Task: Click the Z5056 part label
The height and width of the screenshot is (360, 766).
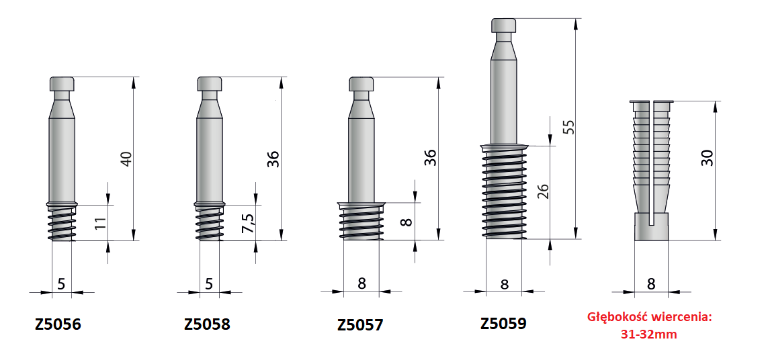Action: (x=58, y=325)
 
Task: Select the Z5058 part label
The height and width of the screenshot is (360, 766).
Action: (x=207, y=324)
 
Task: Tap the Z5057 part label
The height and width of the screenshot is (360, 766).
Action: (x=360, y=325)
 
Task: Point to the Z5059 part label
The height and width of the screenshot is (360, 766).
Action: (x=504, y=323)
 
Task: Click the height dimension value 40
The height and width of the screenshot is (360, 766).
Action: (x=126, y=159)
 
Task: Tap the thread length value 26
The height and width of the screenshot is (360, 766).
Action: (x=543, y=191)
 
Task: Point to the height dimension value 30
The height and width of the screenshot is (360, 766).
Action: (x=707, y=157)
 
